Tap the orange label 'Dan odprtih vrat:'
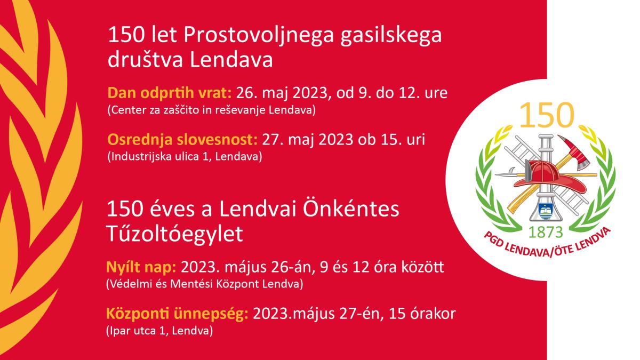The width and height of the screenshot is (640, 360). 170,93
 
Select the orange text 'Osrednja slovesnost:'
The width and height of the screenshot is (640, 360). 182,140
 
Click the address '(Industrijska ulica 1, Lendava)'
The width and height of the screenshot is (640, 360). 185,157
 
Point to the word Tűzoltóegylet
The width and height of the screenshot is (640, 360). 174,234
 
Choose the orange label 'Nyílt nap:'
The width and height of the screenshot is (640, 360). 141,268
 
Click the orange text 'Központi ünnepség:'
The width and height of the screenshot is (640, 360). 177,314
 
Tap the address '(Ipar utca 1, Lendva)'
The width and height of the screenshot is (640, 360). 159,331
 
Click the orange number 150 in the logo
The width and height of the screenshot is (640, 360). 546,115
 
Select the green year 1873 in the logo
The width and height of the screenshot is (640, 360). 546,233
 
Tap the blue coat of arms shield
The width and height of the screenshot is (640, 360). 545,211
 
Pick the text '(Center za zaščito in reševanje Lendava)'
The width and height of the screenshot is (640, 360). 211,110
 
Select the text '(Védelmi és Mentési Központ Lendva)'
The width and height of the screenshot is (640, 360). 205,284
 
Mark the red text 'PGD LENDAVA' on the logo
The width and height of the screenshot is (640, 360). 517,248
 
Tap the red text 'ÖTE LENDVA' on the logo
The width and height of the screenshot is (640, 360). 583,242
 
